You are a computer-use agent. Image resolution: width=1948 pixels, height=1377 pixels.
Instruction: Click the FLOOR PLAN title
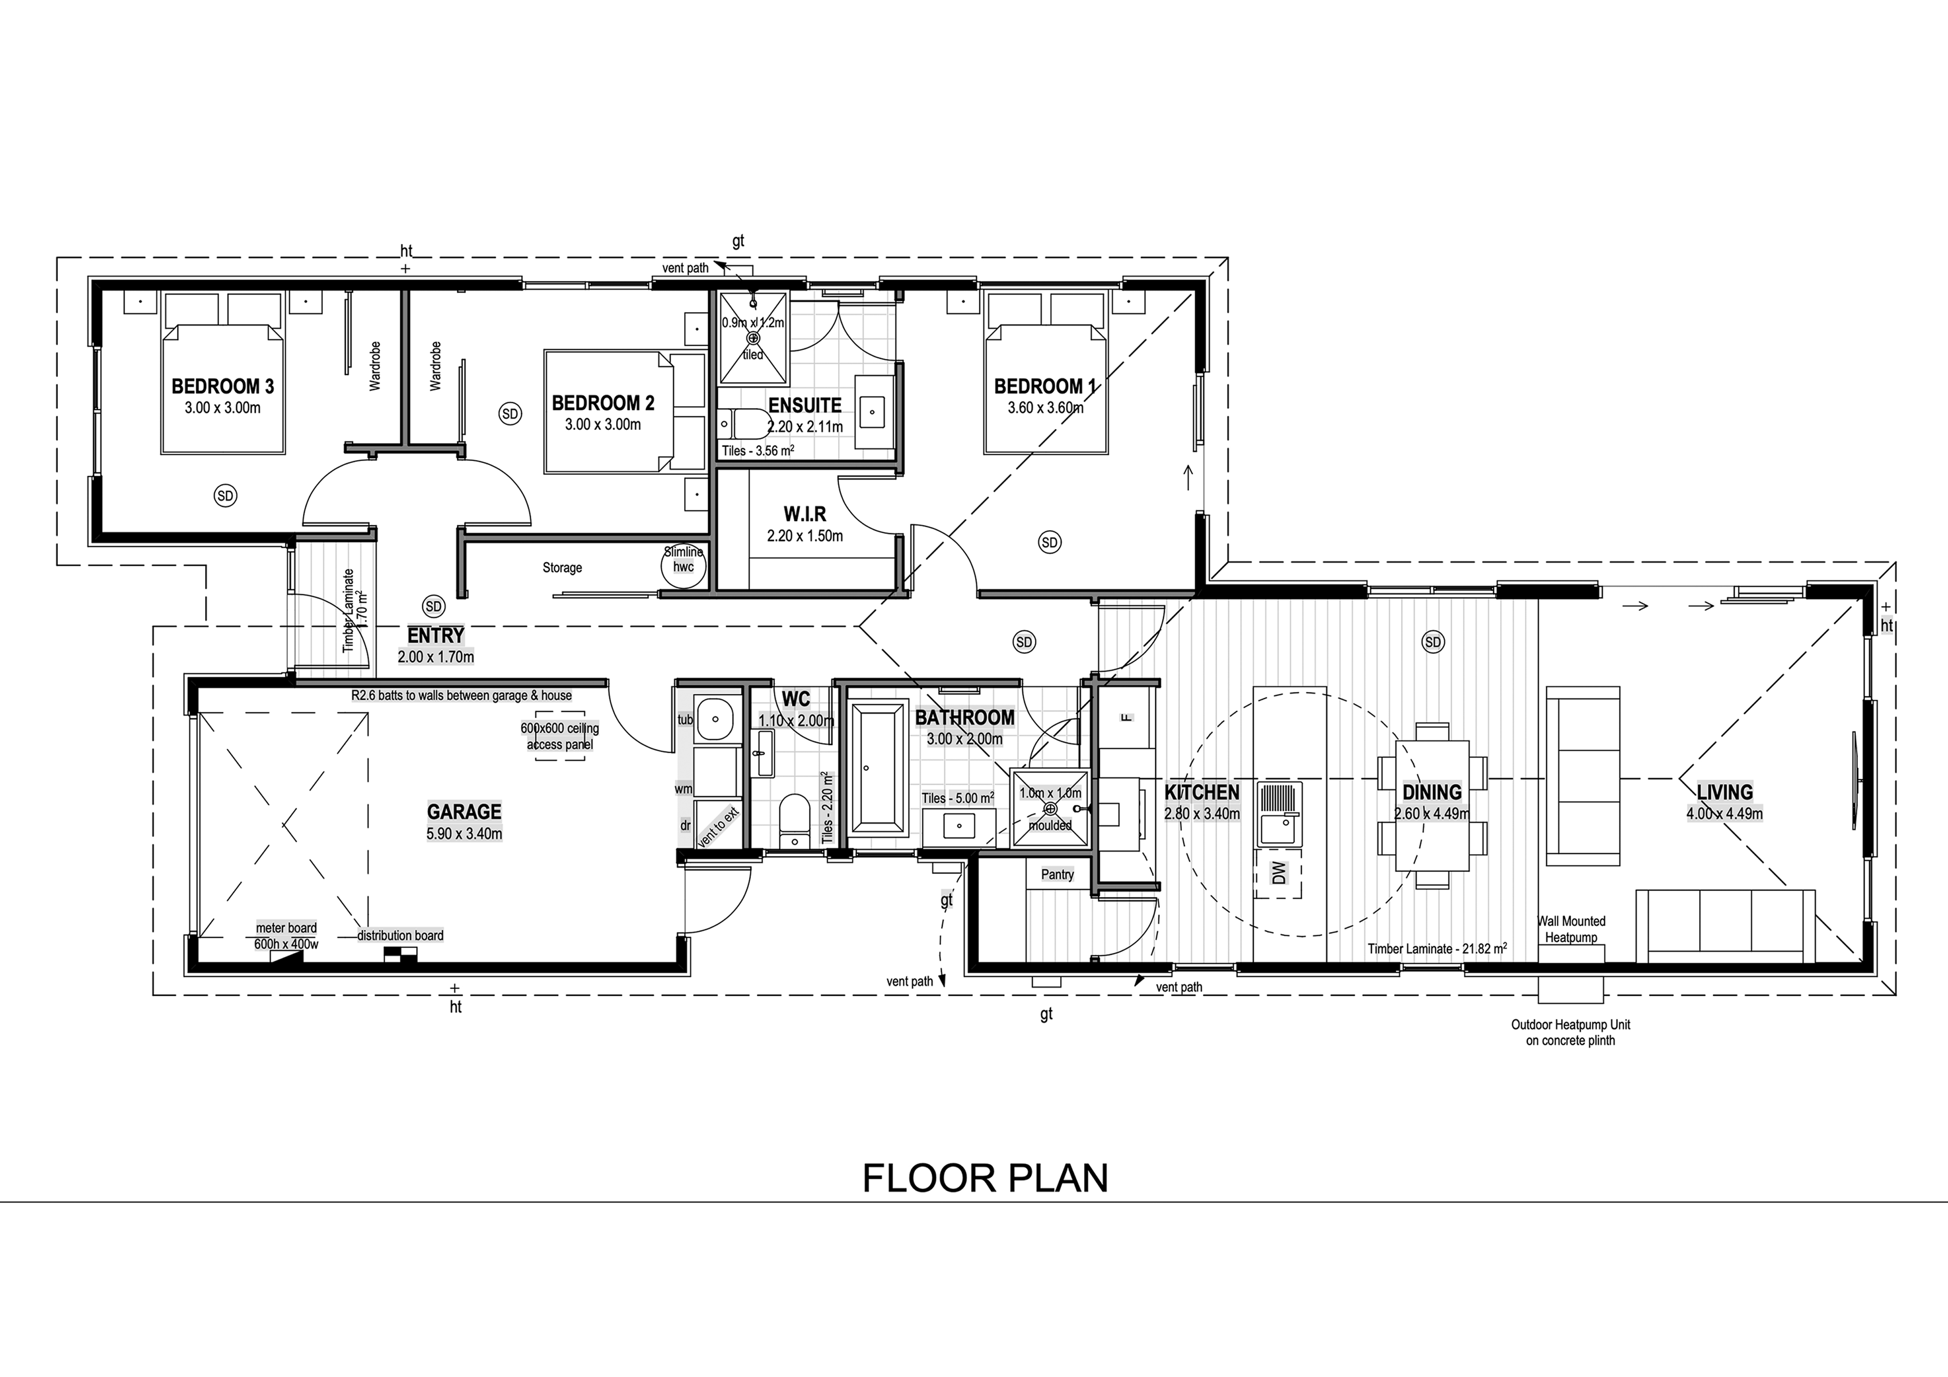(985, 1178)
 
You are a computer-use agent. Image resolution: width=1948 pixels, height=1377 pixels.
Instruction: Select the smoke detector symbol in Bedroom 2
(510, 414)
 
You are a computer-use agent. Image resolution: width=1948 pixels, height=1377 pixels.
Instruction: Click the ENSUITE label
(805, 406)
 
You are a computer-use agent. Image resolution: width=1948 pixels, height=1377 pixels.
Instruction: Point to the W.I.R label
(805, 514)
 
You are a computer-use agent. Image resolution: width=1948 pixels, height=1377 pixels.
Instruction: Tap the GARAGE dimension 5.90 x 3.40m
(464, 834)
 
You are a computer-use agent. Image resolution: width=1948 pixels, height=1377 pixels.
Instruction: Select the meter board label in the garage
(286, 928)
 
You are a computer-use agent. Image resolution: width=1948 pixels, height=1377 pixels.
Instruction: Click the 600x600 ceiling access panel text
(560, 736)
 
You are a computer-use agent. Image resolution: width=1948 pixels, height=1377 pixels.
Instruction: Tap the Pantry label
(1057, 875)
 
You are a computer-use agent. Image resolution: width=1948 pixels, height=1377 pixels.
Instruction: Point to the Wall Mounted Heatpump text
(1571, 929)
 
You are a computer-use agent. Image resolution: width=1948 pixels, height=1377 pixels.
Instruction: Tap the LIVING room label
(1724, 792)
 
